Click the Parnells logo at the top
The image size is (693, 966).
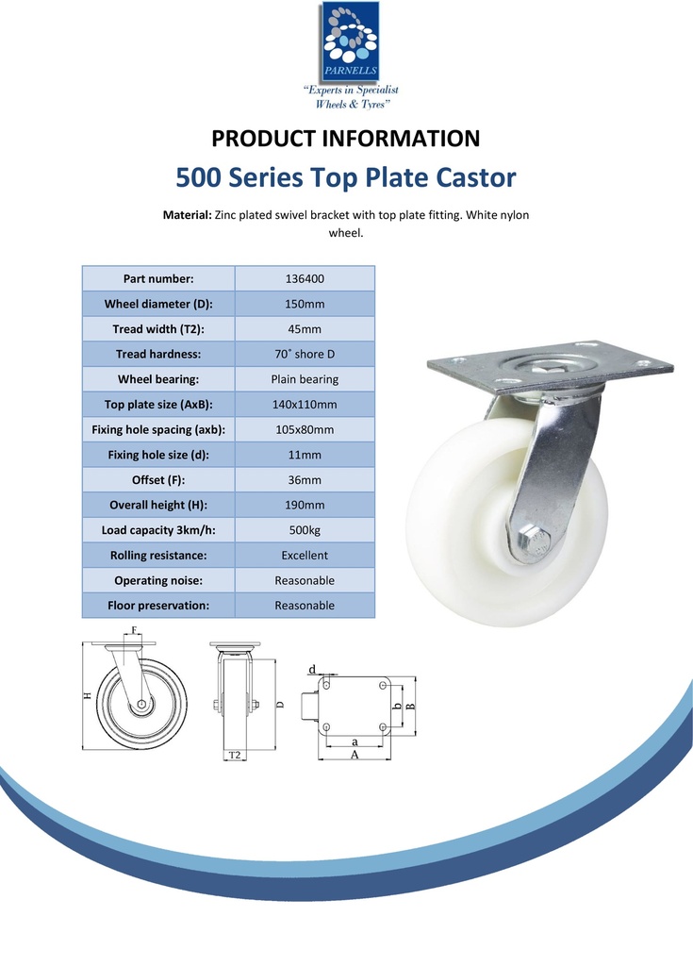[x=346, y=42]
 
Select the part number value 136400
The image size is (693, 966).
[x=305, y=279]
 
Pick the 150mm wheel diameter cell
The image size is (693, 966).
[x=305, y=304]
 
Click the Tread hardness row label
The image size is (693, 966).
[x=158, y=355]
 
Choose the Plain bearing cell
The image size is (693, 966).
[x=305, y=379]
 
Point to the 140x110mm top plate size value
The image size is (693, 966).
[x=305, y=405]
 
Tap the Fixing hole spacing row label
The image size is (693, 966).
[x=158, y=430]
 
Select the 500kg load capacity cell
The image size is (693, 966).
[x=305, y=530]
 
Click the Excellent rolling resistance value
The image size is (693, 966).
[x=305, y=556]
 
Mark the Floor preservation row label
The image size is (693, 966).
[x=158, y=606]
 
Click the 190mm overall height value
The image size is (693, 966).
[x=305, y=506]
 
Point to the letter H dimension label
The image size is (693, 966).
[x=88, y=695]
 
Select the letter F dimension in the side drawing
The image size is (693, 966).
[x=135, y=629]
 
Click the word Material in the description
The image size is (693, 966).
[x=187, y=215]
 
